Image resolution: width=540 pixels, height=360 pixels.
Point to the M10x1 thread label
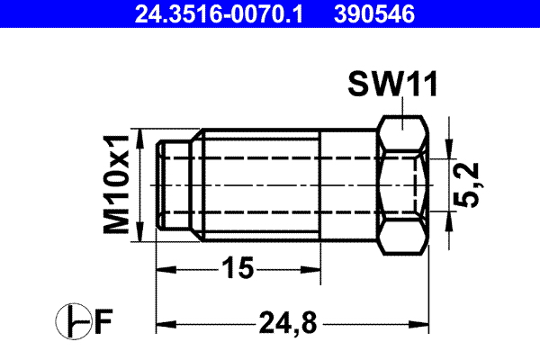116,184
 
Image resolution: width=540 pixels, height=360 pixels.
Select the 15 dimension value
238,267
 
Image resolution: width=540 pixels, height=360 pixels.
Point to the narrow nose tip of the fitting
171,184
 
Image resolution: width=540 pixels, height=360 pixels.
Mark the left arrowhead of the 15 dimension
165,267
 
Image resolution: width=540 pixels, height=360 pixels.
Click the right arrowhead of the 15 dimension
316,267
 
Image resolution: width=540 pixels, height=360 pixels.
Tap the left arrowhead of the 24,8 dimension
165,321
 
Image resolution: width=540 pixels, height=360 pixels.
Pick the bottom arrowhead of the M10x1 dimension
139,236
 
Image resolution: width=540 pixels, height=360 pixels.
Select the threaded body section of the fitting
261,184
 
